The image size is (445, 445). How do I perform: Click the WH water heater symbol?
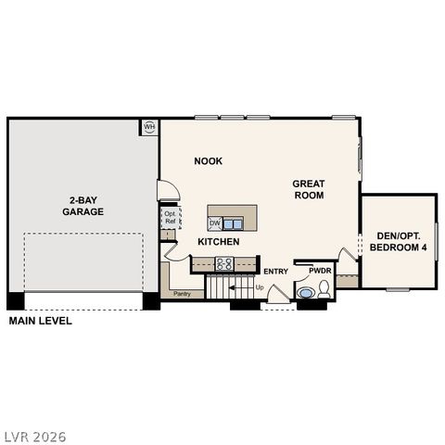[149, 126]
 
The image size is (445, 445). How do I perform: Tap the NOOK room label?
[208, 161]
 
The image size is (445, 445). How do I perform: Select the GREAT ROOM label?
[308, 189]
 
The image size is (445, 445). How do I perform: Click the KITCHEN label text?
[219, 242]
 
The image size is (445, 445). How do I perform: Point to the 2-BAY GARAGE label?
[83, 206]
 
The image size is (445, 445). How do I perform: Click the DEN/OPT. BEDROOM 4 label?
[398, 242]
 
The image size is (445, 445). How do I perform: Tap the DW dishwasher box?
[214, 222]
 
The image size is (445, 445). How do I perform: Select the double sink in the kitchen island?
[233, 222]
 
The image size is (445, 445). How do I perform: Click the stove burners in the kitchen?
[224, 264]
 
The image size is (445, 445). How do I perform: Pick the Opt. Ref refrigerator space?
[171, 219]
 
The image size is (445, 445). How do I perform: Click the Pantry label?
[182, 294]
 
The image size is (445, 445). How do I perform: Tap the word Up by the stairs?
[260, 288]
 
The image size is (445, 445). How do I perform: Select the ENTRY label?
[275, 271]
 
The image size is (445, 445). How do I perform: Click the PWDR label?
[320, 271]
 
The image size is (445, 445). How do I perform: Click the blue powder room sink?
[306, 293]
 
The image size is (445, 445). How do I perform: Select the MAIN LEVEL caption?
[40, 321]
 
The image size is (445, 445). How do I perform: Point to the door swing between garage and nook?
[168, 190]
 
